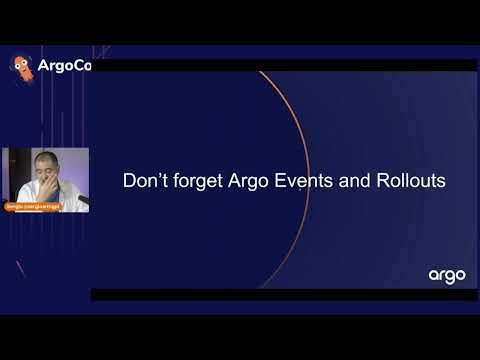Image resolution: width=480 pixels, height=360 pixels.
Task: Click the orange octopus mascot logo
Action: tap(20, 66)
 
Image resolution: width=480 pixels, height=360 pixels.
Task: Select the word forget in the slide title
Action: tap(198, 183)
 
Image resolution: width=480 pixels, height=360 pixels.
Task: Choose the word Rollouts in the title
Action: tap(416, 183)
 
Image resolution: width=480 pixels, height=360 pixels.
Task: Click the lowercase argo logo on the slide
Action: tap(447, 275)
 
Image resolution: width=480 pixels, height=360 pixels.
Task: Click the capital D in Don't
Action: tap(129, 183)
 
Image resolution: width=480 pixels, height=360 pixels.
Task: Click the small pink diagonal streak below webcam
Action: tap(20, 268)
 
